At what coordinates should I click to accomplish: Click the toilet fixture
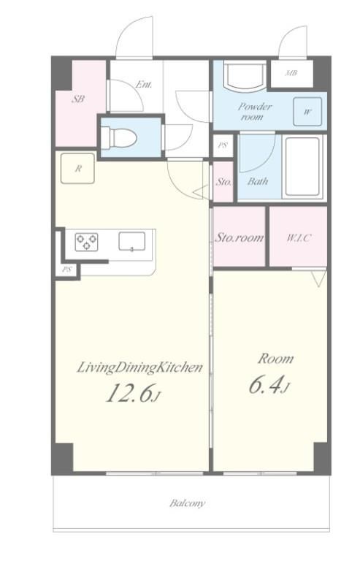119,137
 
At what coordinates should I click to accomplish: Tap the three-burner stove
86,242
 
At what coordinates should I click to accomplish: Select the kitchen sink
132,241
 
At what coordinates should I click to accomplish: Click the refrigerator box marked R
77,169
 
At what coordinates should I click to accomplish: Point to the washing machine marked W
307,112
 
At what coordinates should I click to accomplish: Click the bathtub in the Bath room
302,167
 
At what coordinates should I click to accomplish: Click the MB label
291,73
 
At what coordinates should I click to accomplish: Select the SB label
78,99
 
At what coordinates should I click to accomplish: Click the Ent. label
144,85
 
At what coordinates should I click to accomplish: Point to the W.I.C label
299,237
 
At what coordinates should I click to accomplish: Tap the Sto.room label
239,237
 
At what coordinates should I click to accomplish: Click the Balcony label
188,503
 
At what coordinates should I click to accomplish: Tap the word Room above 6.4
275,359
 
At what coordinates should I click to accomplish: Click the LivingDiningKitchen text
139,368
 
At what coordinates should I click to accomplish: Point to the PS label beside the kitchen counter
67,270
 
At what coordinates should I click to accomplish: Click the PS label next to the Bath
223,145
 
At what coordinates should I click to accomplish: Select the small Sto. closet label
223,182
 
